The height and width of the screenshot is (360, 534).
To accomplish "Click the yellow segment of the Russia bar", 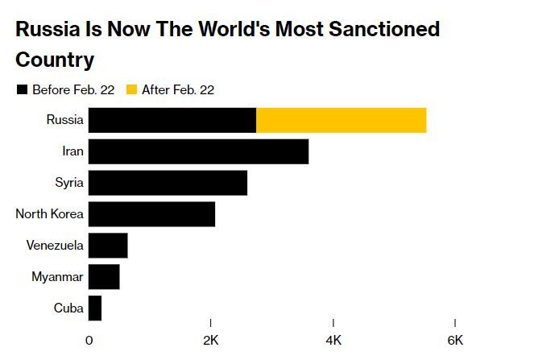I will coord(341,120).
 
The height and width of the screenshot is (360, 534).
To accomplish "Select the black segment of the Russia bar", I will coord(172,120).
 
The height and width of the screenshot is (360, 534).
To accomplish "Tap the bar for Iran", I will coord(198,151).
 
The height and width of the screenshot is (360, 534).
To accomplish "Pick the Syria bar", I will coord(168,183).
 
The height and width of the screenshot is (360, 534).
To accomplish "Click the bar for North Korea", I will coord(151,214).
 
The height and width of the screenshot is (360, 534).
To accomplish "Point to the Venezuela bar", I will coord(108,245).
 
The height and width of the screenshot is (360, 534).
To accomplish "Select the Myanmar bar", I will coord(104,276).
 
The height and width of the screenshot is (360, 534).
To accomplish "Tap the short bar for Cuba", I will coord(95,308).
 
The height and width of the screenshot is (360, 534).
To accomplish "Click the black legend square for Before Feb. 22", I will coord(22,89).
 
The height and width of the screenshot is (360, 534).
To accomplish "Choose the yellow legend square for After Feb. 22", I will coord(132,89).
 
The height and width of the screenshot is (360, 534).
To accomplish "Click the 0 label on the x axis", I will coord(89,340).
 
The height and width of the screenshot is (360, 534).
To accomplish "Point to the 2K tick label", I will coord(210,340).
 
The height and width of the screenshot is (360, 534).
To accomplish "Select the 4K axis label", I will coord(333,340).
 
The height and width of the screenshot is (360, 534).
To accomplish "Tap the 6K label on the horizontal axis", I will coord(455,340).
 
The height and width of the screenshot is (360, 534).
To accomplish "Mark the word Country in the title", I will coord(55,60).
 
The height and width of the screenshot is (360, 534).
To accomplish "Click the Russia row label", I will coord(64,120).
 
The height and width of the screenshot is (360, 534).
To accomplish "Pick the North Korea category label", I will coord(49,214).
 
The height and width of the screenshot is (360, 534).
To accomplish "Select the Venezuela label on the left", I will coord(54,245).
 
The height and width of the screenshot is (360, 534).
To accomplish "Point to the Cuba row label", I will coord(68,308).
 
